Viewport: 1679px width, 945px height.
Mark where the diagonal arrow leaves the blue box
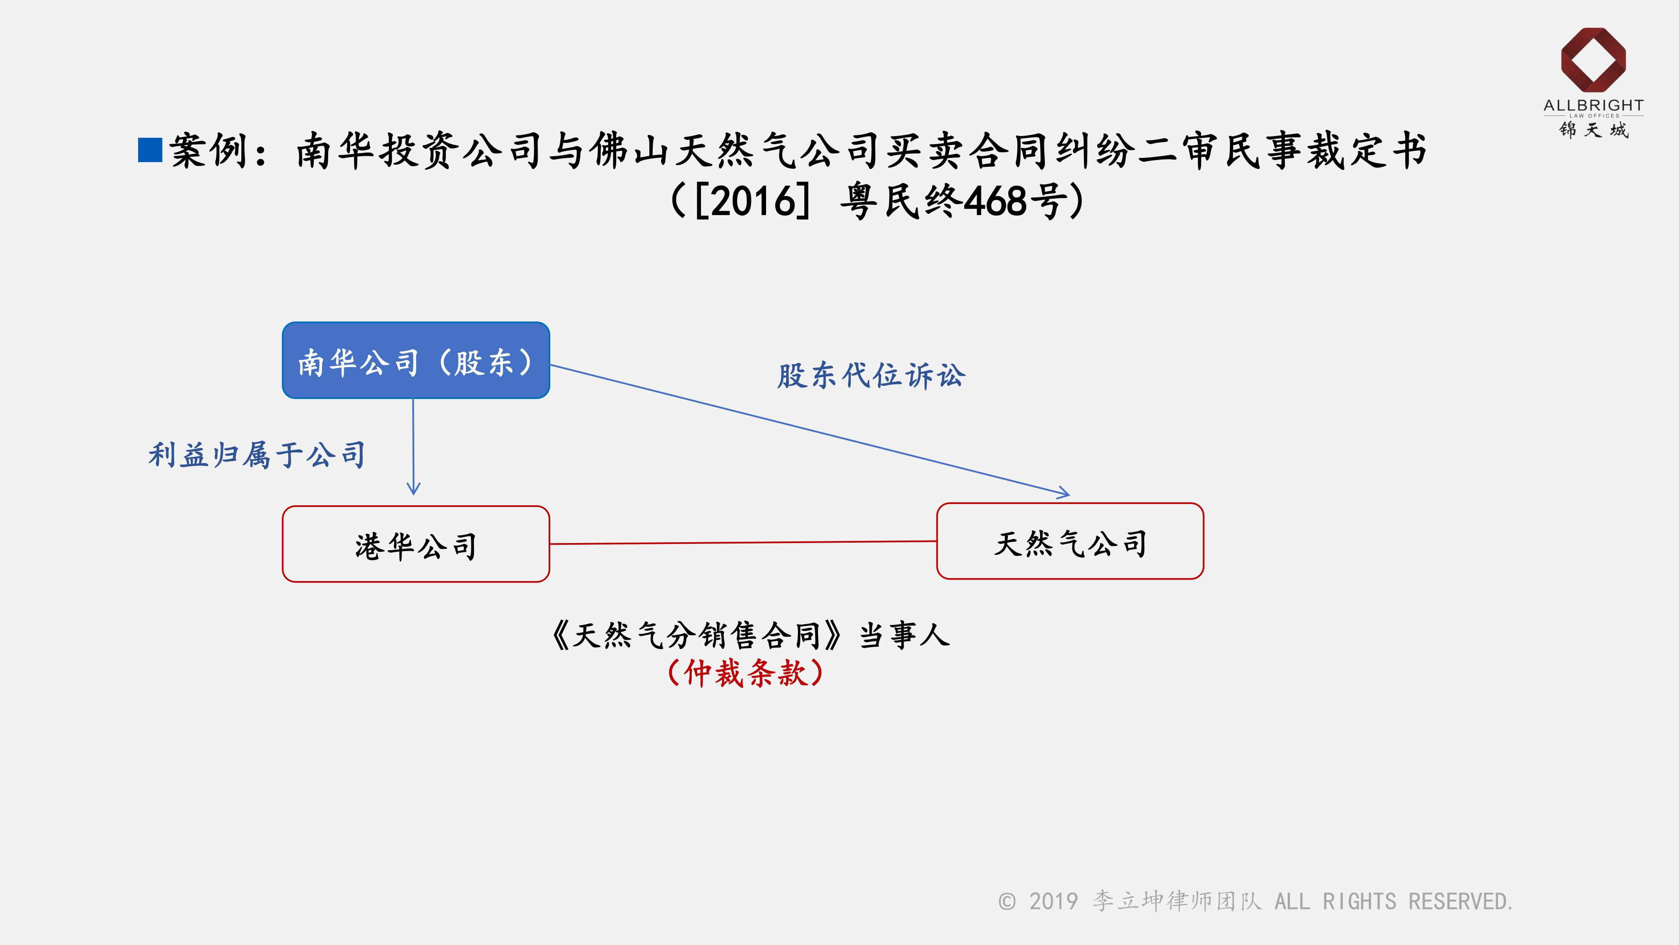pos(550,365)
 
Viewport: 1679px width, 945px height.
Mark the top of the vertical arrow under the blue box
pos(413,399)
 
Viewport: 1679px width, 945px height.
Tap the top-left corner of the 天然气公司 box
pos(937,504)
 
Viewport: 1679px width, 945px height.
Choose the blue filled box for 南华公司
pos(416,360)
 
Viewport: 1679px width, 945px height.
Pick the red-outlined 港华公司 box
pos(416,544)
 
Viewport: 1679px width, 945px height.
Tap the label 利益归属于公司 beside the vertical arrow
pos(257,454)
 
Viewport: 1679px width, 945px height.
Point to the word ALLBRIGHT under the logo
pos(1593,106)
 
